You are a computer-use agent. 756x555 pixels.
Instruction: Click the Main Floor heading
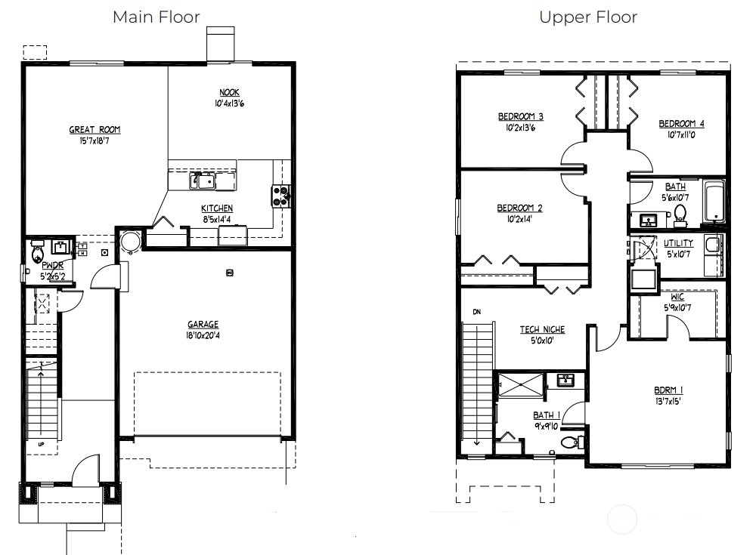click(156, 17)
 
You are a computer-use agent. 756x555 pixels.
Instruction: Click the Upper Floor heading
click(588, 18)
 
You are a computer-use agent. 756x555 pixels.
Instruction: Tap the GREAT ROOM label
click(94, 130)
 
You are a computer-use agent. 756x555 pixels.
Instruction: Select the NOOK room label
click(230, 92)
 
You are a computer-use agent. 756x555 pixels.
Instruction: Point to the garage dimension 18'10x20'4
click(203, 336)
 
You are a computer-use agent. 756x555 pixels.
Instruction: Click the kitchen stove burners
click(280, 196)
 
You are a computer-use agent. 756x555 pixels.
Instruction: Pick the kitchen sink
click(203, 180)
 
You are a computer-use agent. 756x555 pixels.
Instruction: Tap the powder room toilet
click(36, 253)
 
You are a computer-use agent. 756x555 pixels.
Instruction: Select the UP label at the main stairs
click(41, 444)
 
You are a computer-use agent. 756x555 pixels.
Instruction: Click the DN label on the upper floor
click(477, 312)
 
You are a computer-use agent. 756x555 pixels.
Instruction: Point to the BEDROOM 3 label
click(521, 116)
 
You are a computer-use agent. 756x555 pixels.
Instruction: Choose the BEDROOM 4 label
click(681, 124)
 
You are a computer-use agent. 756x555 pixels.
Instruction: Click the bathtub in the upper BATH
click(714, 201)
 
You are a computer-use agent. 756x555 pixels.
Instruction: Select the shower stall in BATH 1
click(521, 384)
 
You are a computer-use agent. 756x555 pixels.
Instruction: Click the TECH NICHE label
click(542, 330)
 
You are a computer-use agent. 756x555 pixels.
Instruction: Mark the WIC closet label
click(677, 298)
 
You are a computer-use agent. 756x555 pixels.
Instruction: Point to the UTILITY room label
click(678, 243)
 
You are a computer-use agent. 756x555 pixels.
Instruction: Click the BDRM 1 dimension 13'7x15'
click(668, 401)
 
